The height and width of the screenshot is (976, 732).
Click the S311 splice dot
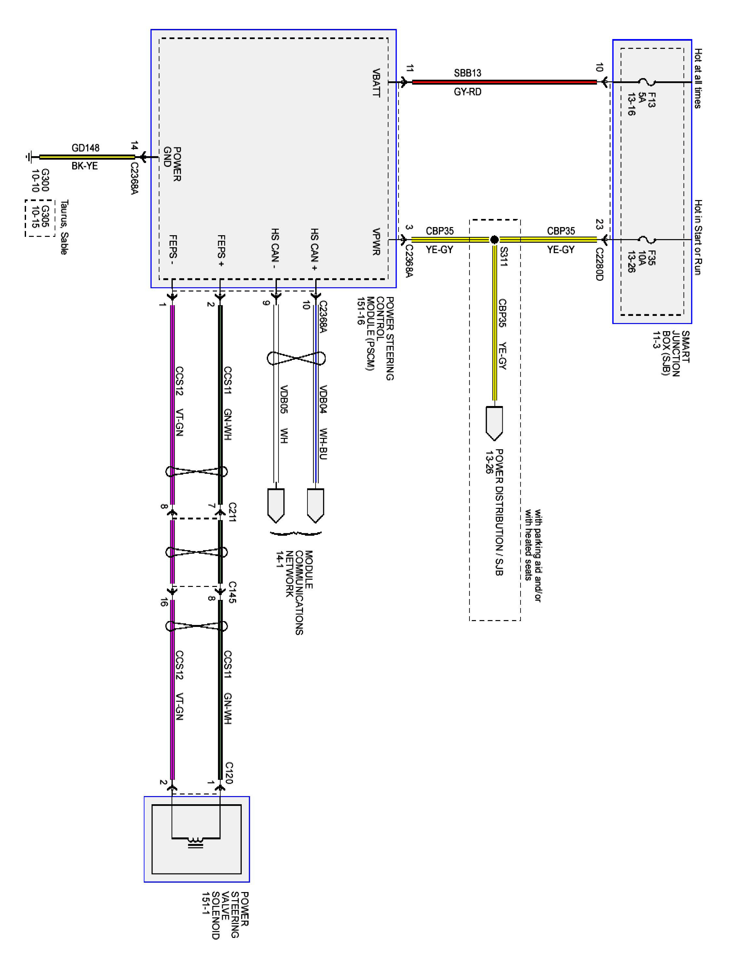pos(494,239)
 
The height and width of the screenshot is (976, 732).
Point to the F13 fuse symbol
pos(647,82)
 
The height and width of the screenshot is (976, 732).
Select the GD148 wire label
pos(85,148)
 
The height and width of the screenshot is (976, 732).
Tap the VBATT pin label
pos(376,83)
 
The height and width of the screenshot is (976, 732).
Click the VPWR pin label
pos(376,242)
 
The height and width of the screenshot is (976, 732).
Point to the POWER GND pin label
pos(172,164)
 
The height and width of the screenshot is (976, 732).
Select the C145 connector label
pos(232,592)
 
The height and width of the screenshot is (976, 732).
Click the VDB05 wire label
pos(284,399)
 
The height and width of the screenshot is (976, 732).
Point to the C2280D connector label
pos(599,264)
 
